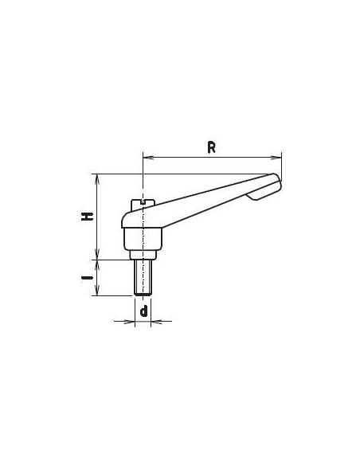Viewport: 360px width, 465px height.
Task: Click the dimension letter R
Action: click(211, 147)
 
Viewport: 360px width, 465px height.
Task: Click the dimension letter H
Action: click(88, 217)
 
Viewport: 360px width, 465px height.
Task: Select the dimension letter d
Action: click(143, 311)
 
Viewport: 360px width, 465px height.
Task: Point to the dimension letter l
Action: click(88, 278)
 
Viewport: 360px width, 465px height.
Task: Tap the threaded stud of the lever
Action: click(143, 277)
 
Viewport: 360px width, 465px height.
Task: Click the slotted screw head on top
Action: click(143, 205)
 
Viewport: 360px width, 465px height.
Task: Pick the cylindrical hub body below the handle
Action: click(143, 239)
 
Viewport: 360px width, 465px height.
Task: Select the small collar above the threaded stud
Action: click(143, 255)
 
